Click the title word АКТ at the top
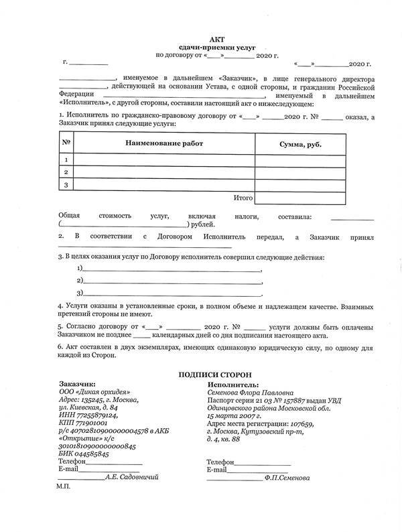200,40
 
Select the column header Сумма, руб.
299,145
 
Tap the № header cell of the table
66,143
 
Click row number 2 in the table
66,172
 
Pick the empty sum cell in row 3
300,185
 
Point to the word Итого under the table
243,198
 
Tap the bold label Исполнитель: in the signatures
231,386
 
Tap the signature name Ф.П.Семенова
287,478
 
